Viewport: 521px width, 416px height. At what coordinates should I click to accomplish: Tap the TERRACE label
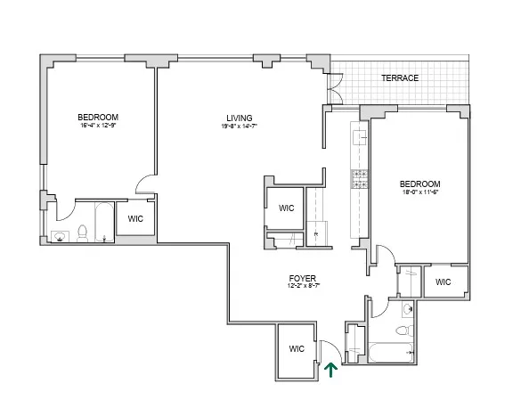point(400,78)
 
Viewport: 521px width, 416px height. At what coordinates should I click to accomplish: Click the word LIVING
point(238,118)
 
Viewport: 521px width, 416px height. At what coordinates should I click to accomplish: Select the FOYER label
point(299,277)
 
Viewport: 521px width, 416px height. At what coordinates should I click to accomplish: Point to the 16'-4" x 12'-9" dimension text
point(97,126)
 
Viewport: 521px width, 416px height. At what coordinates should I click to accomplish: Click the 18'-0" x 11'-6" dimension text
point(420,192)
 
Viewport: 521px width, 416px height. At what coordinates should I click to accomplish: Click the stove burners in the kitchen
point(360,179)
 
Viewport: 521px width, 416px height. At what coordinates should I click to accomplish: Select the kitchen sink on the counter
point(360,138)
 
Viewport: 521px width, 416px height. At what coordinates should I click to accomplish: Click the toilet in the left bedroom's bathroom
point(82,233)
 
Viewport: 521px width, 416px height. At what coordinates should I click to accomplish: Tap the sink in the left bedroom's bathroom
point(61,237)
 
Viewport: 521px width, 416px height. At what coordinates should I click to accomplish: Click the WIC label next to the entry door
point(296,351)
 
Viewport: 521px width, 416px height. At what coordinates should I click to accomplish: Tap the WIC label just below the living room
point(286,208)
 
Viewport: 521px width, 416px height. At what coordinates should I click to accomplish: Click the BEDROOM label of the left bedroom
point(97,118)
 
